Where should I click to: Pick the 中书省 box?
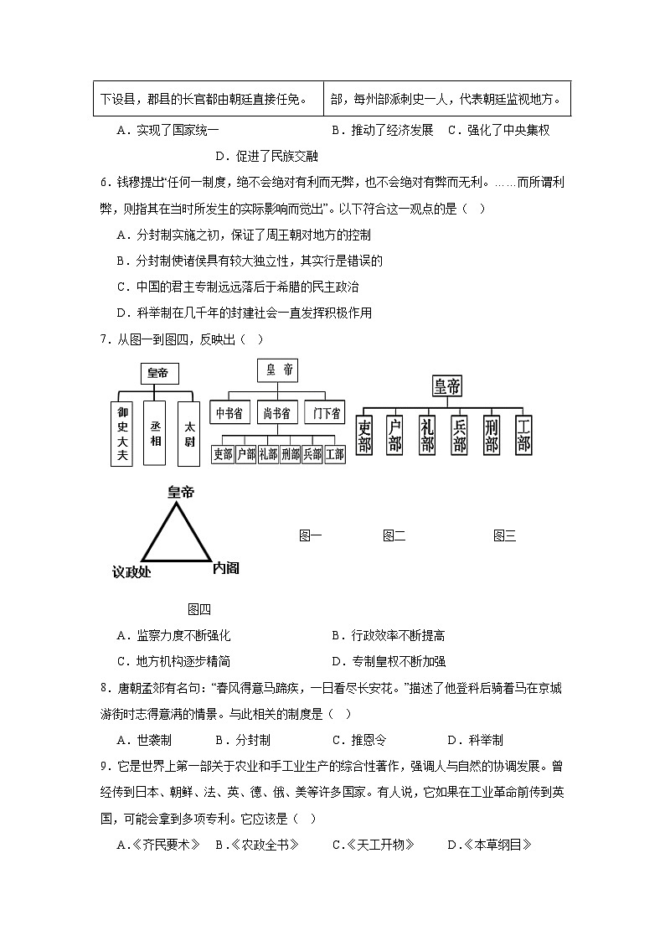pos(229,413)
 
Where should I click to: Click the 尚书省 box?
pos(276,413)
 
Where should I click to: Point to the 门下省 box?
pos(323,413)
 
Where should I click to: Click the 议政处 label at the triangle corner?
pos(131,571)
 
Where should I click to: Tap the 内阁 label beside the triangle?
pos(225,567)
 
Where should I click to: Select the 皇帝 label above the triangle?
pos(180,492)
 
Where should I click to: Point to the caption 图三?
pos(504,536)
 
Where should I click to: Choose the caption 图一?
pos(311,536)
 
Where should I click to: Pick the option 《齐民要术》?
pos(159,845)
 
